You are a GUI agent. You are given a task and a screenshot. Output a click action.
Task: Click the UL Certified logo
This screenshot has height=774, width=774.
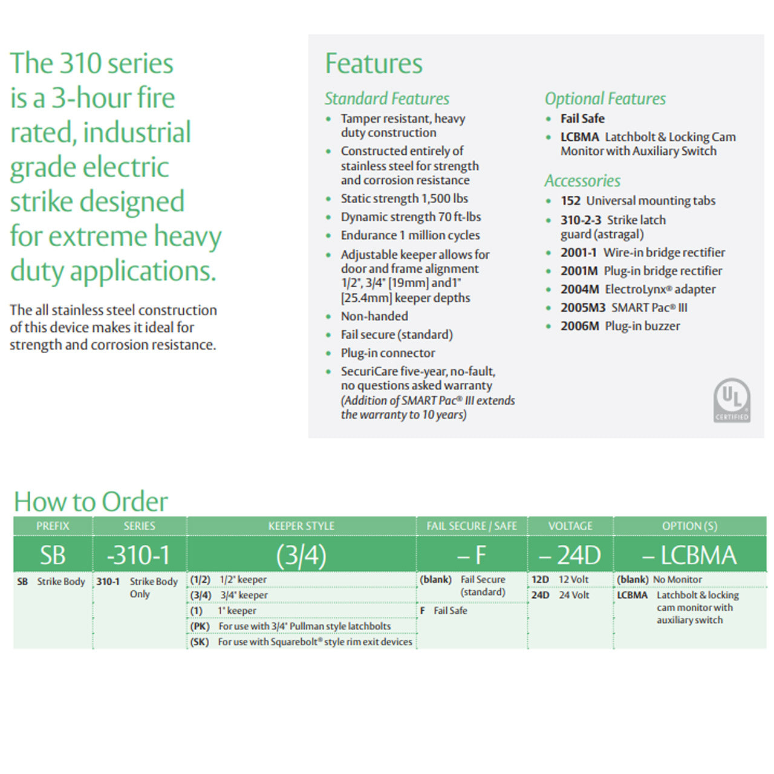coord(732,400)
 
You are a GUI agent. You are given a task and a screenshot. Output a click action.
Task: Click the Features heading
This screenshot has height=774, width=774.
coord(374,63)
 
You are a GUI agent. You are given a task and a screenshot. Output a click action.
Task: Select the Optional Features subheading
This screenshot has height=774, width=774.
coord(605,99)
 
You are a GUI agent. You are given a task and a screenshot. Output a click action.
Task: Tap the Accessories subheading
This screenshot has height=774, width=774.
coord(582,181)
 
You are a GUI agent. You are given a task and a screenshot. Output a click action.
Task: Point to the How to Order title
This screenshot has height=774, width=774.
coord(91,501)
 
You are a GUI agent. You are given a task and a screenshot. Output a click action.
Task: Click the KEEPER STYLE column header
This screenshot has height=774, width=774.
coord(301,526)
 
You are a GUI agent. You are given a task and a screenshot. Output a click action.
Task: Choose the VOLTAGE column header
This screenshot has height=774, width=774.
coord(570,526)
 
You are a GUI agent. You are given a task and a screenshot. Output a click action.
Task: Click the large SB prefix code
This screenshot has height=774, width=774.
coord(53,555)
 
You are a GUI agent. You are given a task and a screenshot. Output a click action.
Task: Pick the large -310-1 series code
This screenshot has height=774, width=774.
coord(138,555)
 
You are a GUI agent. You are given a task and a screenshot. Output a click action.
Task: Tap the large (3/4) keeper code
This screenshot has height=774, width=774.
coord(301,555)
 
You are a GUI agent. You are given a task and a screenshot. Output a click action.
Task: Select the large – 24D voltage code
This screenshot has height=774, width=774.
coord(570,555)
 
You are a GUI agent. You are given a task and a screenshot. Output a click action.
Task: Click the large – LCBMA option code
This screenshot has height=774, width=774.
coord(689,555)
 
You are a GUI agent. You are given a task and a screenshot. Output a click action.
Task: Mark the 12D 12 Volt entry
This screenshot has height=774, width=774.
coord(560,579)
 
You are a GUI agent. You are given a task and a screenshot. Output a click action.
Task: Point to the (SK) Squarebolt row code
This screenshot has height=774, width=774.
coord(200,642)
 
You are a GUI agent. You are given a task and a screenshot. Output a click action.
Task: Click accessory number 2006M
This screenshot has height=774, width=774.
coord(579,326)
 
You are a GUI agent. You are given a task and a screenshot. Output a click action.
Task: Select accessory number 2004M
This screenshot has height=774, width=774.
coord(579,290)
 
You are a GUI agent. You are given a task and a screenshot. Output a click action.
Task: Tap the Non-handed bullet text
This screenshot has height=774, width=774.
coord(374,316)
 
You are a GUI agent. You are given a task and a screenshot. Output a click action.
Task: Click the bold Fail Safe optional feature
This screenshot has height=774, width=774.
coord(582,119)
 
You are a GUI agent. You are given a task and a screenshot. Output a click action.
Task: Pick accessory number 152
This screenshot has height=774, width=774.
coord(570,201)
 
